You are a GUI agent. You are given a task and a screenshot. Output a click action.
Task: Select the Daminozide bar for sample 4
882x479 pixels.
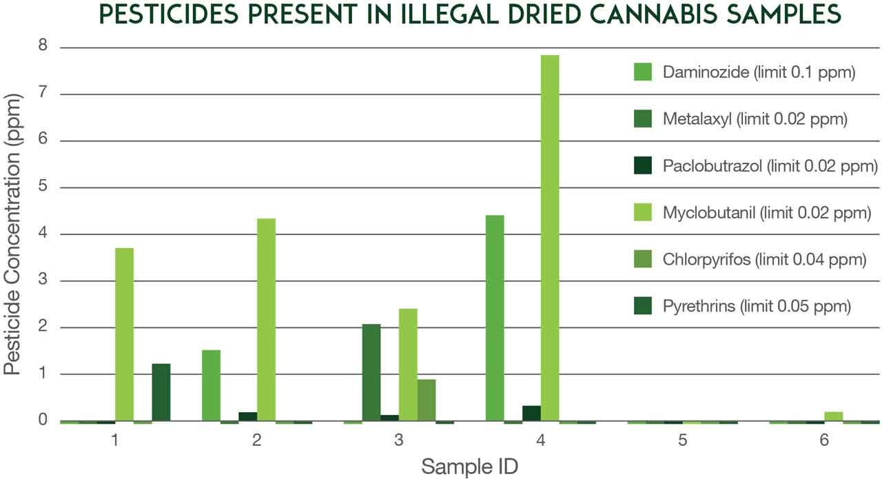[495, 318]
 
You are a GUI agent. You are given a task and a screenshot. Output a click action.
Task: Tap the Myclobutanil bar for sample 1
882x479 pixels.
[124, 334]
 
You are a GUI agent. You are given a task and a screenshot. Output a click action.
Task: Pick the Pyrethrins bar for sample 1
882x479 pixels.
[161, 392]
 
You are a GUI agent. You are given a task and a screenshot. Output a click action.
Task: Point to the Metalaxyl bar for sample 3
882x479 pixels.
[371, 372]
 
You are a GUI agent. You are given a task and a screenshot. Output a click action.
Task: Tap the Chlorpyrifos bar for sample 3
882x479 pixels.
[426, 400]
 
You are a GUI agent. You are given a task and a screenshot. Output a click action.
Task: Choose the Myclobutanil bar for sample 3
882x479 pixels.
[408, 365]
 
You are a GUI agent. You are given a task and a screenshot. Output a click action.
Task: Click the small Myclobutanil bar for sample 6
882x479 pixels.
[833, 416]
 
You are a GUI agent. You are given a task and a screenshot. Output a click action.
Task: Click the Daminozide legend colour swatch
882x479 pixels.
[643, 72]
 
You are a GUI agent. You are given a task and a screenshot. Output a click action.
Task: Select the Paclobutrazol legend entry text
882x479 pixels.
[770, 166]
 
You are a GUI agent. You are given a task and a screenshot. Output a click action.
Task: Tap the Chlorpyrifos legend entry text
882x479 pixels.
[763, 260]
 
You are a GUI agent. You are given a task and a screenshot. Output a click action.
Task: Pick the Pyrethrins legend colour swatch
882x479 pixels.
[643, 307]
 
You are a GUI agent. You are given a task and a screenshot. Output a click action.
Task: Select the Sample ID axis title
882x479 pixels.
[470, 466]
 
